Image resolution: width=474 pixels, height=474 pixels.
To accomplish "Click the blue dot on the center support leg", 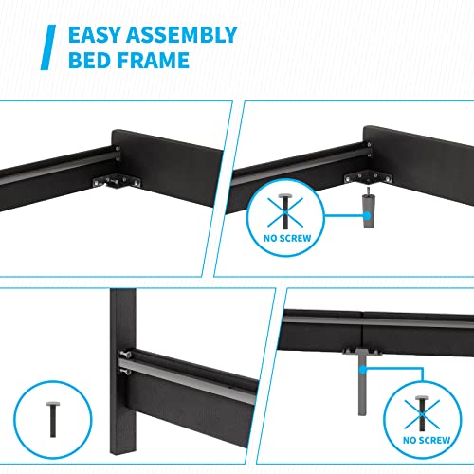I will click(x=364, y=360).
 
